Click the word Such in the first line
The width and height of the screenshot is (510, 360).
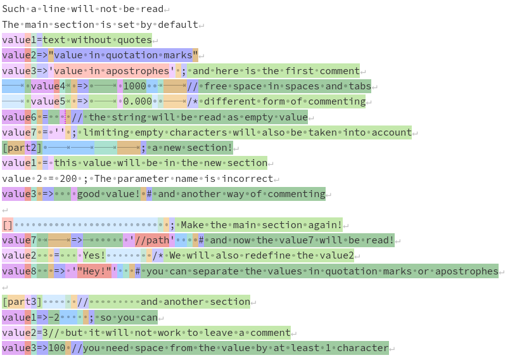(13, 10)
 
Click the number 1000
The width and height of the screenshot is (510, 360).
(134, 86)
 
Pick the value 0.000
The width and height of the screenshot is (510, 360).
(137, 101)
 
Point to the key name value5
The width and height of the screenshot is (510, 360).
(48, 101)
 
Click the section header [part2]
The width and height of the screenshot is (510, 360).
(22, 148)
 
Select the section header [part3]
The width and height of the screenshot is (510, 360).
(22, 302)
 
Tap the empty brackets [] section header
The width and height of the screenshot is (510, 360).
(8, 225)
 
